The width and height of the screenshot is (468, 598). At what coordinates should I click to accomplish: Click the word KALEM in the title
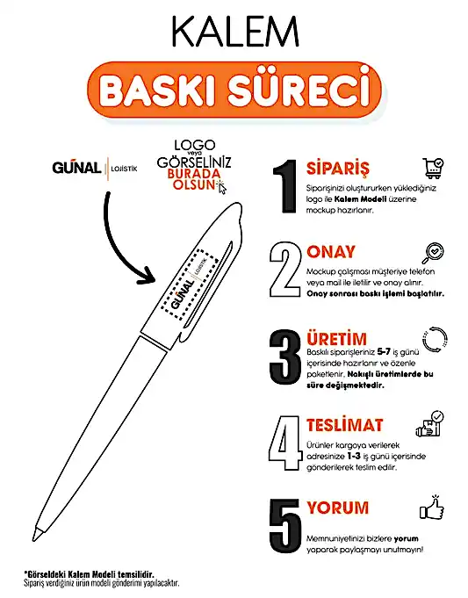[233, 31]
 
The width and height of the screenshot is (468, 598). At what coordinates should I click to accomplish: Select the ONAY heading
[332, 252]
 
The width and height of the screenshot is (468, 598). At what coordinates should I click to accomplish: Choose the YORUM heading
[338, 508]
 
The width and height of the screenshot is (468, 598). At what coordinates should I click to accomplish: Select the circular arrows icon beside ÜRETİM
[433, 339]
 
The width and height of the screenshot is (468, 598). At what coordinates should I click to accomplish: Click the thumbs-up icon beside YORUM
[433, 509]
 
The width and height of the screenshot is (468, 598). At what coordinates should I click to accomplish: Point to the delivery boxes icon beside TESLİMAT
[433, 424]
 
